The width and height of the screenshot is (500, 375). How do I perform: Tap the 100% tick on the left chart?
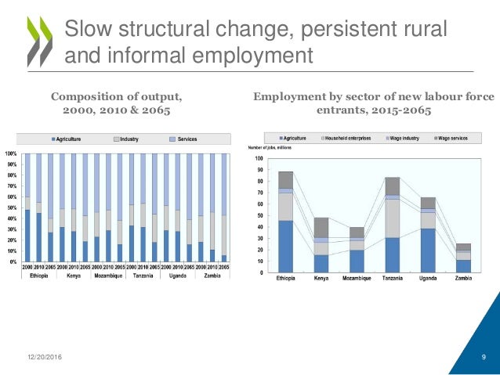click(13, 153)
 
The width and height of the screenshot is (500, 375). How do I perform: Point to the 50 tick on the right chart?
click(259, 216)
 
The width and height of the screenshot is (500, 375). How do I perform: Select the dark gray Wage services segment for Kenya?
click(321, 227)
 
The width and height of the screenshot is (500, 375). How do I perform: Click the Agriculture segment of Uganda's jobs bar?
click(428, 250)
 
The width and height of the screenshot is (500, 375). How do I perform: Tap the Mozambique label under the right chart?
click(357, 279)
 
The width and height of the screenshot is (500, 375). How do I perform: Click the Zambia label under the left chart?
click(213, 276)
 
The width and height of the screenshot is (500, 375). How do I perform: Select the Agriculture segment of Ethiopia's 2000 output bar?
click(28, 235)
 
